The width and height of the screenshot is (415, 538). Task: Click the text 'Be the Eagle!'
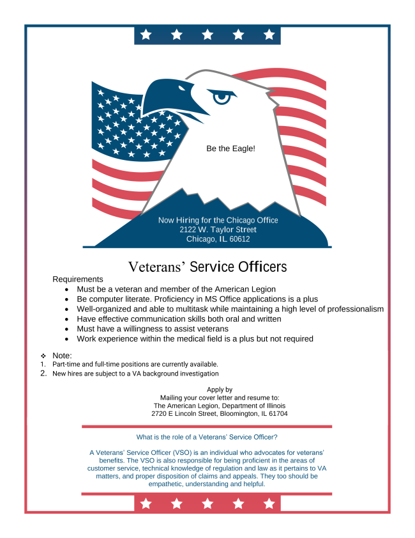(230, 148)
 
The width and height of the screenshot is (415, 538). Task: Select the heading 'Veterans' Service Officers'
(207, 266)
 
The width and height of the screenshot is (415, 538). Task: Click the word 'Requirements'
(78, 280)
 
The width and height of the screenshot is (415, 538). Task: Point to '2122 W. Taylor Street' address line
(218, 230)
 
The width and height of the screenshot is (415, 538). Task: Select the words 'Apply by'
(220, 390)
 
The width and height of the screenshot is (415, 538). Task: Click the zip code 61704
(276, 414)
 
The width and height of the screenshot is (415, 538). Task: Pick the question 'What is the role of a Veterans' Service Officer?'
(207, 438)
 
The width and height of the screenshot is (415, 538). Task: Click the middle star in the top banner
(207, 35)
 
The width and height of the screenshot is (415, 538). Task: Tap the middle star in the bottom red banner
(207, 504)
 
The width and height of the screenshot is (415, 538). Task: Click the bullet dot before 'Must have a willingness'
(67, 329)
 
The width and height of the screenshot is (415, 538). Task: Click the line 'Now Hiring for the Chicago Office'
(218, 220)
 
